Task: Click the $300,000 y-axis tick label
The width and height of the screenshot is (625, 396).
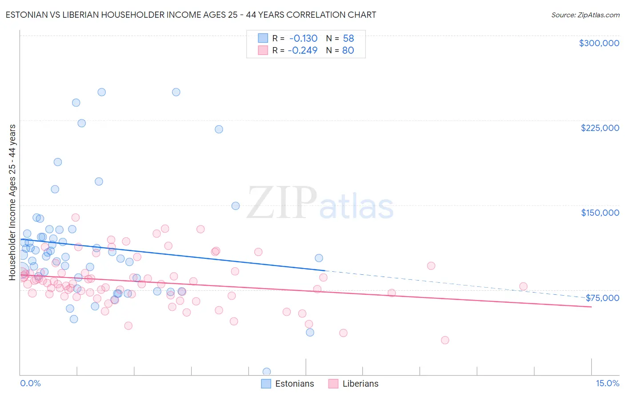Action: click(599, 43)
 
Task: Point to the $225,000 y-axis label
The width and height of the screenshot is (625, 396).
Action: click(600, 128)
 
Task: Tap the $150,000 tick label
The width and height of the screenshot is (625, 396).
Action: click(600, 213)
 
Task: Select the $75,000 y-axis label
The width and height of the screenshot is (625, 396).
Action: click(602, 298)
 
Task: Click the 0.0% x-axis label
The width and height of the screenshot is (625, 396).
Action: click(30, 384)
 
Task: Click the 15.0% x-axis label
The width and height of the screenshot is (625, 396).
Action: click(607, 384)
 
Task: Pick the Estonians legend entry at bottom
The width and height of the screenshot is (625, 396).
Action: click(288, 384)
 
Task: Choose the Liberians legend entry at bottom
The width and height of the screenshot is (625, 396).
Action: click(354, 384)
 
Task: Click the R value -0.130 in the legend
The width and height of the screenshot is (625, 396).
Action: click(303, 39)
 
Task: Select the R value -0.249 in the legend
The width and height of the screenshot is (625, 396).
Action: click(303, 51)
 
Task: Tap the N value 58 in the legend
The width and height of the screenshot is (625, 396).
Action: click(348, 39)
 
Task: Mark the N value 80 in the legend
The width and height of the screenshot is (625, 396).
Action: click(348, 51)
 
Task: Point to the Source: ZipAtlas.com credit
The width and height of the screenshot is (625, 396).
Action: click(585, 15)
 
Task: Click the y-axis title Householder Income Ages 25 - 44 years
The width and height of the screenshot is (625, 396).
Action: click(12, 202)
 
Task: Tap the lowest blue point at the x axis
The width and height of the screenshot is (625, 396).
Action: click(267, 372)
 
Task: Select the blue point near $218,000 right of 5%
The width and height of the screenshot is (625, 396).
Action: click(219, 129)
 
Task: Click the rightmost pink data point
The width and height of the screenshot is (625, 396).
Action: click(523, 286)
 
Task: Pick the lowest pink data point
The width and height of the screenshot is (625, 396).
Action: click(445, 340)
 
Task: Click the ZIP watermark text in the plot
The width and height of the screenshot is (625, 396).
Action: click(281, 203)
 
